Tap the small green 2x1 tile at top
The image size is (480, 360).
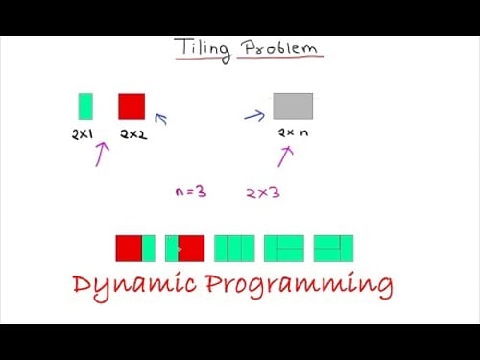[x=85, y=106]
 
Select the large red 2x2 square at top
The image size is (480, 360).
[x=132, y=106]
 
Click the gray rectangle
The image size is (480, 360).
[x=293, y=106]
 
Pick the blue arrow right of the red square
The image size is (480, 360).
[x=160, y=119]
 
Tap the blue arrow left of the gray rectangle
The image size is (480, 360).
[x=253, y=116]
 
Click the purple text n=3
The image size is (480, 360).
[x=191, y=192]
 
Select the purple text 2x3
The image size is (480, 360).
[x=262, y=192]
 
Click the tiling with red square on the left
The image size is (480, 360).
[x=135, y=249]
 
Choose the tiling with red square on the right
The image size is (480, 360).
[x=185, y=249]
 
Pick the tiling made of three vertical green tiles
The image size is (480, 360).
[x=234, y=249]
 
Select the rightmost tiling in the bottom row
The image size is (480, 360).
[x=333, y=249]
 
